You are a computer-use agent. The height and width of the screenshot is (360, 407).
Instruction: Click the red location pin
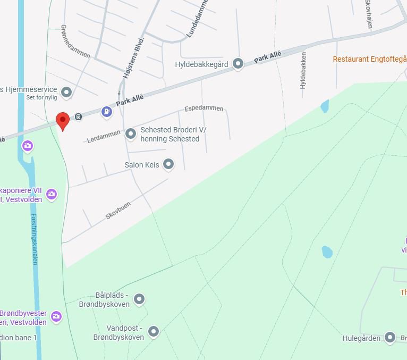(63, 121)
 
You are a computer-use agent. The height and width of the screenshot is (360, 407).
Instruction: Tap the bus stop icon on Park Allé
(78, 116)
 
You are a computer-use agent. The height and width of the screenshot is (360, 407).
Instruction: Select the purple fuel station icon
(107, 112)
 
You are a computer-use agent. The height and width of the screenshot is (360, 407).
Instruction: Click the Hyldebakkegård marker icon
(239, 64)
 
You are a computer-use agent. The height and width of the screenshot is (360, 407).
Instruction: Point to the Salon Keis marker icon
(168, 164)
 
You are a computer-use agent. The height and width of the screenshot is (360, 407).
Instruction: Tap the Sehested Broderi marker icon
(131, 134)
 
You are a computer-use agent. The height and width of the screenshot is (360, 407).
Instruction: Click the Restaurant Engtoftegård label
(369, 59)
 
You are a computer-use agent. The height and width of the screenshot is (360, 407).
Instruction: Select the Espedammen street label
(204, 108)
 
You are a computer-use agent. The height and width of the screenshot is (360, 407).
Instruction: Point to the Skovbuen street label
(118, 211)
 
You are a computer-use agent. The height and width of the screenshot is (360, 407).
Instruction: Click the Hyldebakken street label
(303, 70)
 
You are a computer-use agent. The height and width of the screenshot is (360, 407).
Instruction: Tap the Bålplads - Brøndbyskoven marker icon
(139, 300)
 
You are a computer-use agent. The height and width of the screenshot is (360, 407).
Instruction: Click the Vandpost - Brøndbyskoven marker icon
(154, 332)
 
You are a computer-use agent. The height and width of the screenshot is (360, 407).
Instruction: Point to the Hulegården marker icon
(391, 338)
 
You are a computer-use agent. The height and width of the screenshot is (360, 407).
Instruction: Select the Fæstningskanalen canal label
(34, 239)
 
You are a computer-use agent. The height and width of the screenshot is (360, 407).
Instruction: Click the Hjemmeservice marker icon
(66, 93)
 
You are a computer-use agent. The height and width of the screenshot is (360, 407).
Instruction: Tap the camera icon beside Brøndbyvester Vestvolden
(56, 317)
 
